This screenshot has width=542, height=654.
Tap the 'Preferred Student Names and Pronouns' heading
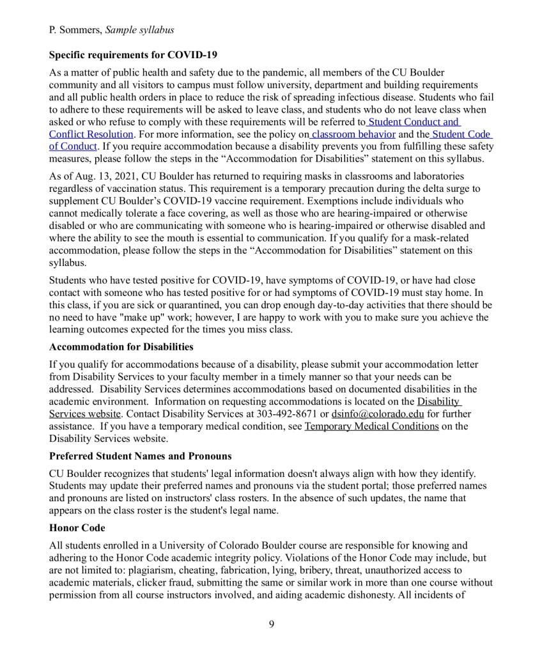point(140,456)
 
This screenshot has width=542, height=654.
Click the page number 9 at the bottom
point(271,624)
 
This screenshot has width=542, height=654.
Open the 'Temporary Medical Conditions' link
point(371,426)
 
